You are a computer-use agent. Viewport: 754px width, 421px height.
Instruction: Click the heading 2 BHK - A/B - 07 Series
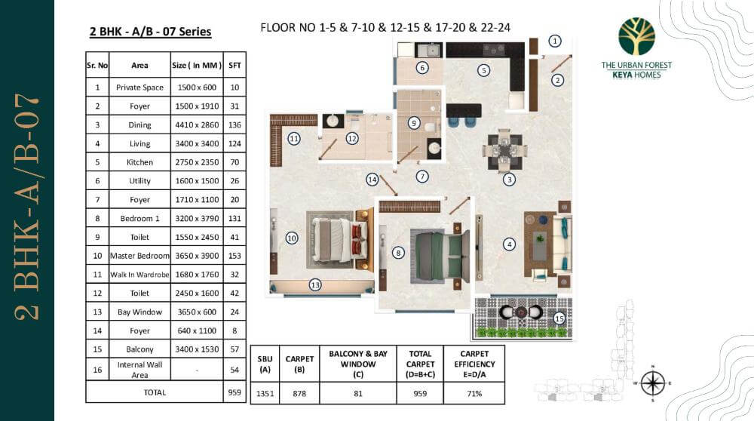click(x=150, y=32)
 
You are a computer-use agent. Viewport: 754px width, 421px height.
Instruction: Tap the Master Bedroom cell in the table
click(x=140, y=256)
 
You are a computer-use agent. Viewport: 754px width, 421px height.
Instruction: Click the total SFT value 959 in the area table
click(x=234, y=392)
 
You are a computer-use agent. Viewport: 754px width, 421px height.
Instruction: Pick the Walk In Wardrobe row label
click(x=140, y=275)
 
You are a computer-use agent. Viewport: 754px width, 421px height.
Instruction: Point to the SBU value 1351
click(x=265, y=392)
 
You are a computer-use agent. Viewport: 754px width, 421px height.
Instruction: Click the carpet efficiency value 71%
click(x=475, y=392)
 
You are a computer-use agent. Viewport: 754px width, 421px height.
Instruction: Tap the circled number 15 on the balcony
click(x=559, y=318)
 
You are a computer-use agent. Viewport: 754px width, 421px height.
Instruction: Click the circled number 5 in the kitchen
click(x=484, y=70)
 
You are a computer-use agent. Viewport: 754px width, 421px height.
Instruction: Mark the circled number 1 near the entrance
click(x=555, y=41)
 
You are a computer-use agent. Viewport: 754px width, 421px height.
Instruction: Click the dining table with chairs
click(x=502, y=150)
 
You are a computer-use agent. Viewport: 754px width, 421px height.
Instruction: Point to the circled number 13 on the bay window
click(x=315, y=284)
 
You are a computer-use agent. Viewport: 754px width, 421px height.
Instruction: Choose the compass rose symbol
click(x=653, y=383)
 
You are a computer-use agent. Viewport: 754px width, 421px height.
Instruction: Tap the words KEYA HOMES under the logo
click(x=636, y=75)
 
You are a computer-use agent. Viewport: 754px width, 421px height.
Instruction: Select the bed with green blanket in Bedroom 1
click(x=437, y=254)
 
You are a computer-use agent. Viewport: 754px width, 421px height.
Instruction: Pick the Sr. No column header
click(x=97, y=66)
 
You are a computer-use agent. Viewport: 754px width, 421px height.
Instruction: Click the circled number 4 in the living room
click(x=510, y=244)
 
